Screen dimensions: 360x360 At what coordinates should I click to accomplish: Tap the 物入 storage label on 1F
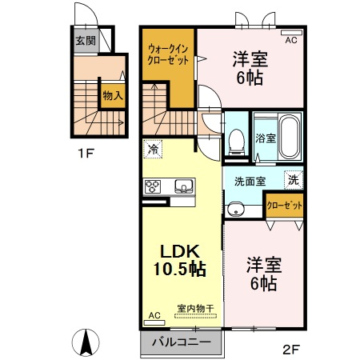pyautogui.click(x=111, y=95)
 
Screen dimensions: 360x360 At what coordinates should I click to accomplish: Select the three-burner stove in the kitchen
pyautogui.click(x=152, y=186)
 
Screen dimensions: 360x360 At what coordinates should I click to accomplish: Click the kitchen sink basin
pyautogui.click(x=182, y=187)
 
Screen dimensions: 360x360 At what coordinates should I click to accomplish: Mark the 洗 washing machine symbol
pyautogui.click(x=294, y=180)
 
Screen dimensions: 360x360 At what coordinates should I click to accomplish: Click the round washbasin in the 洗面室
pyautogui.click(x=234, y=210)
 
